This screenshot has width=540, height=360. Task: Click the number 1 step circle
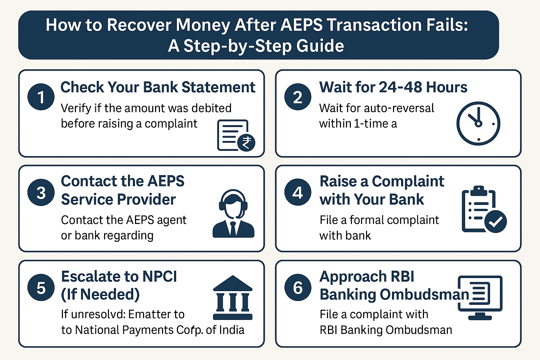coord(41,97)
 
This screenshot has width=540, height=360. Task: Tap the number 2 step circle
coord(298,97)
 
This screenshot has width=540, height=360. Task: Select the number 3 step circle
coord(41,193)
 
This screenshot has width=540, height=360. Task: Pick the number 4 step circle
coord(298,192)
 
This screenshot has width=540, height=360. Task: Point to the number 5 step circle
coord(41,288)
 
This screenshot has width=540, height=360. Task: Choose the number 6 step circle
coord(298,288)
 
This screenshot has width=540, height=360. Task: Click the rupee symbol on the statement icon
coord(246,143)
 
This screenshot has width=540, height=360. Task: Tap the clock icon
coord(478,123)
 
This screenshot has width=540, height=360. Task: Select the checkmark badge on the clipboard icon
coord(495,221)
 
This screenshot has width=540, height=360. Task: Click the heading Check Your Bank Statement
coord(157,87)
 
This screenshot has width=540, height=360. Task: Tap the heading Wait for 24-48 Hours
coord(393,87)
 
